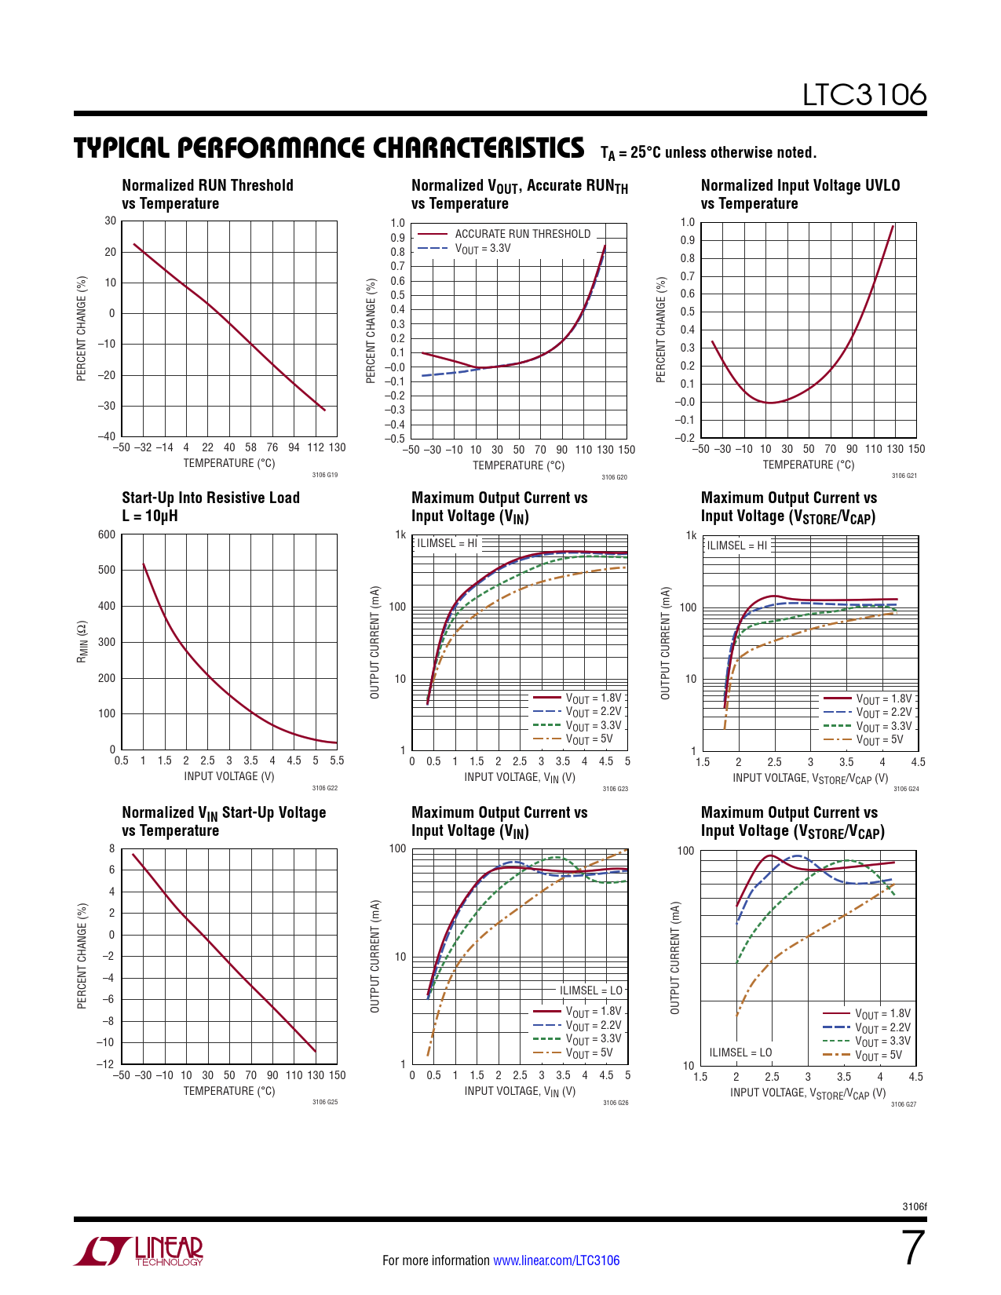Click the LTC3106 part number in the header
[x=864, y=95]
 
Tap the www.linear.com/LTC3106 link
[x=556, y=1260]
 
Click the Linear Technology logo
[x=139, y=1251]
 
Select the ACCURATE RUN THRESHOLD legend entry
[x=522, y=234]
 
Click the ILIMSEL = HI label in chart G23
[x=447, y=543]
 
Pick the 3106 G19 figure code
[x=324, y=475]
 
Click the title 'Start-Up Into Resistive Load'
[x=210, y=498]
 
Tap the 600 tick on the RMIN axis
[x=107, y=534]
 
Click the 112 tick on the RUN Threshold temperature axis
[x=315, y=447]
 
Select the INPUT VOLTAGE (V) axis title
[x=229, y=776]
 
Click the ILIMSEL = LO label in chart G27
[x=740, y=1052]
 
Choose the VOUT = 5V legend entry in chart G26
[x=589, y=1053]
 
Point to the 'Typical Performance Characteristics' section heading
[x=329, y=148]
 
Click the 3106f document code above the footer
[x=915, y=1206]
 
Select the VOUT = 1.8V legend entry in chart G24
[x=883, y=699]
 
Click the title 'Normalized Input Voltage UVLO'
[x=800, y=185]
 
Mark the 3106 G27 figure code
[x=903, y=1104]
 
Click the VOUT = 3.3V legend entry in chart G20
[x=483, y=248]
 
